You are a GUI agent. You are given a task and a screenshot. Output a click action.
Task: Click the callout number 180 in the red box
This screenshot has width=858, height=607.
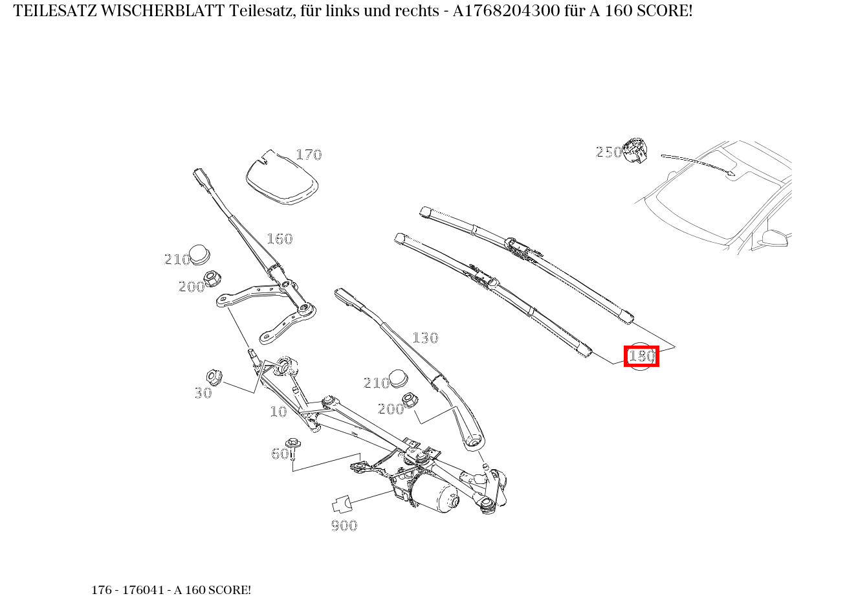point(641,356)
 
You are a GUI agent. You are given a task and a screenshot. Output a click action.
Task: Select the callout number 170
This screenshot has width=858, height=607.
point(309,155)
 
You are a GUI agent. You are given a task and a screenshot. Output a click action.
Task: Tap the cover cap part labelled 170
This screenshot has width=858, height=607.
point(281,177)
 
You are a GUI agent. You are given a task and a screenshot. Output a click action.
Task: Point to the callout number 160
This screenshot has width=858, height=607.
point(280,239)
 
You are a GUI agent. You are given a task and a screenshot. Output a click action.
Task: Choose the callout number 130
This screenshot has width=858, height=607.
point(425,338)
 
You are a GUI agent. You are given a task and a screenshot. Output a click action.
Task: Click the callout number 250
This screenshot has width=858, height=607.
point(608,152)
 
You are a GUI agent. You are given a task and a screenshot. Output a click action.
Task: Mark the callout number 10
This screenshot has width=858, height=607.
point(278,412)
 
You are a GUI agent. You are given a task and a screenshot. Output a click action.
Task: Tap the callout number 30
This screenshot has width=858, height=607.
point(203,393)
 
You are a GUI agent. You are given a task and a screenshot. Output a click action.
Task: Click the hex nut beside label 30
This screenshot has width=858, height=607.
point(214,376)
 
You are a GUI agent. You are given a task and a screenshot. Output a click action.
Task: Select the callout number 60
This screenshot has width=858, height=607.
point(280,454)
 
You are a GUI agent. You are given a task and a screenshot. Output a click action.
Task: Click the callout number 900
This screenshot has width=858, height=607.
point(344,525)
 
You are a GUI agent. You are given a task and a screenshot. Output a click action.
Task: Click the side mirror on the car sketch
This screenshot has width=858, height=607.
point(776,238)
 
